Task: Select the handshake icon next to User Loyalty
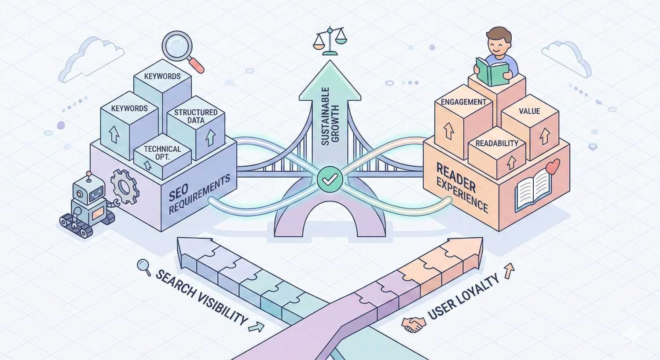point(413,325)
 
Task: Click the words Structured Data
point(196,116)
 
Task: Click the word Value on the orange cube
point(529,111)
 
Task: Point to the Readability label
point(497,143)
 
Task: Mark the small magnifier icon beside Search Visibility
point(143,265)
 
